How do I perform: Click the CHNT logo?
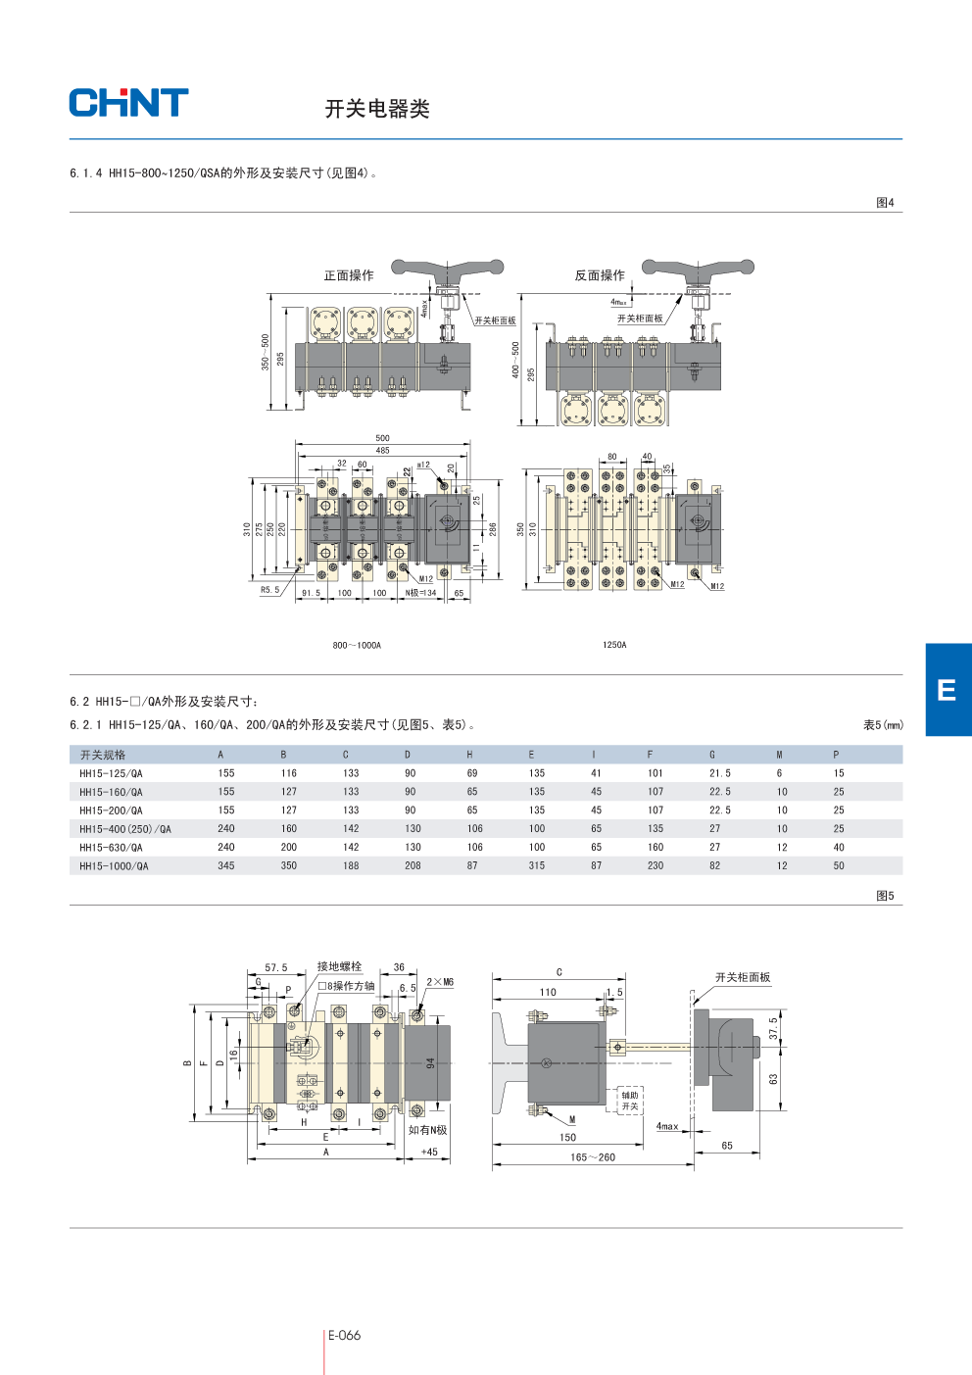coord(128,103)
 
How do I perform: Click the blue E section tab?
coord(948,689)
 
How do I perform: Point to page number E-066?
coord(344,1335)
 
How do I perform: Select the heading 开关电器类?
coord(377,109)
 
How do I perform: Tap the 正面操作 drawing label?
coord(349,275)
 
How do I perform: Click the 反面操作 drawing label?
coord(600,275)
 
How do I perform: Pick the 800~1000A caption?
coord(357,645)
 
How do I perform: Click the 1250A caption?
coord(614,645)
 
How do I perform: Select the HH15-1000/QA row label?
coord(114,866)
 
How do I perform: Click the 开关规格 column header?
coord(103,755)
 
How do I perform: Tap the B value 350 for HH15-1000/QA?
coord(289,866)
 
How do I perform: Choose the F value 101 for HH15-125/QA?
coord(656,773)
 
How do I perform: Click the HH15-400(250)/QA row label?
coord(125,829)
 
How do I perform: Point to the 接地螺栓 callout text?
coord(339,966)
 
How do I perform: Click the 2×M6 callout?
coord(440,982)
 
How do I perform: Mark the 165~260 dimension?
coord(593,1157)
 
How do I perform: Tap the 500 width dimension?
coord(382,438)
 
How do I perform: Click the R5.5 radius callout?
coord(269,590)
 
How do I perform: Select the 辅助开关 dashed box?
coord(630,1101)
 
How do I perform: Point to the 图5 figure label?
coord(885,896)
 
